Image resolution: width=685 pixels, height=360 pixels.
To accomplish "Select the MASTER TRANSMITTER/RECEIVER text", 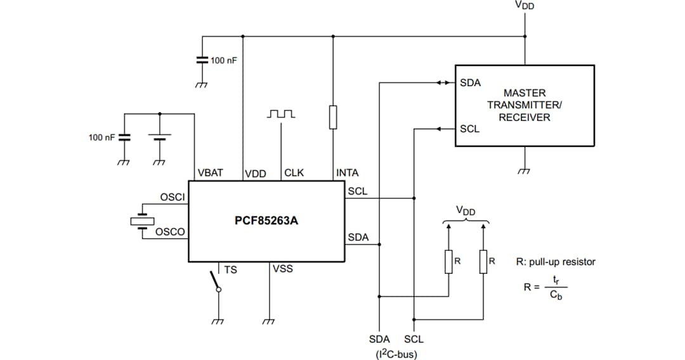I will (x=525, y=105).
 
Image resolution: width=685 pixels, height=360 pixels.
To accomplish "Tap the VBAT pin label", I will (x=210, y=172).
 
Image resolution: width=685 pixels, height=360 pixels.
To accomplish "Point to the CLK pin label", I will (x=294, y=172).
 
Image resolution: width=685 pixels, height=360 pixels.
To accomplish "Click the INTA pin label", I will (x=347, y=172).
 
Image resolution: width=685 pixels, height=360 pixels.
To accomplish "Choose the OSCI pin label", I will (x=172, y=197).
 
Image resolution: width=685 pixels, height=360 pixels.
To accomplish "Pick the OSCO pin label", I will (x=171, y=232).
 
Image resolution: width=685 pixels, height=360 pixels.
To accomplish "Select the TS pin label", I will (x=230, y=270).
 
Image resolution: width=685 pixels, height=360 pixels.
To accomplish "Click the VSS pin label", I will (x=283, y=269).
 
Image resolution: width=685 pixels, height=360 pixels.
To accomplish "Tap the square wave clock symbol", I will (x=281, y=113).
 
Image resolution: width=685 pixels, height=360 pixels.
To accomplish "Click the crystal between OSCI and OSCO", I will (x=141, y=221).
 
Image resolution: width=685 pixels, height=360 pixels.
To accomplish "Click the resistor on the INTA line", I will (x=333, y=118).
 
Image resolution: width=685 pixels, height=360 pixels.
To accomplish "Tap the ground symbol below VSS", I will (x=269, y=321).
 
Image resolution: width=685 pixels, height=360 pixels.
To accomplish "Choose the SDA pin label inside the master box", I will (x=470, y=83).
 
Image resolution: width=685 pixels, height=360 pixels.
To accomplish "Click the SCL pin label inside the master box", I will (x=470, y=129).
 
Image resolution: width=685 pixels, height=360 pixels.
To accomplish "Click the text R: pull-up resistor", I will (x=556, y=262).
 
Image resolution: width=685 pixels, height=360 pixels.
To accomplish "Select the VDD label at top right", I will (x=525, y=6).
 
